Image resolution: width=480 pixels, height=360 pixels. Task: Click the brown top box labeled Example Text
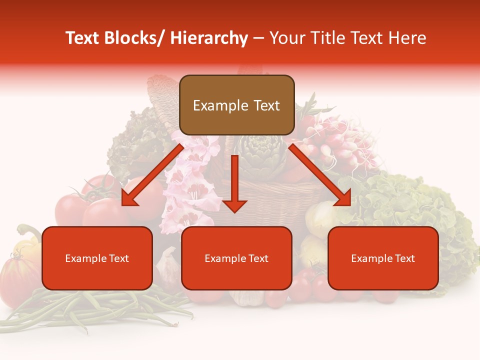coord(236,105)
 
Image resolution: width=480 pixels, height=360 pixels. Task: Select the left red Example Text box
coord(97,258)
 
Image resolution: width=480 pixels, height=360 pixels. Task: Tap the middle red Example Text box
coord(236,258)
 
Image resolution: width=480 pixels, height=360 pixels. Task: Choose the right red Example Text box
coord(383,258)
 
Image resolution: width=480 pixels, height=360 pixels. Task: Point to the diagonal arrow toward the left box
coord(152,175)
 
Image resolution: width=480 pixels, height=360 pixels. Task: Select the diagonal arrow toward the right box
coord(320,175)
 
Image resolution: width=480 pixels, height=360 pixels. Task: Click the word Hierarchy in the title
coord(208,38)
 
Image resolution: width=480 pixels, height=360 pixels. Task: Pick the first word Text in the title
coord(83,38)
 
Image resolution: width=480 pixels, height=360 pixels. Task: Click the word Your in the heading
coord(286,38)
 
